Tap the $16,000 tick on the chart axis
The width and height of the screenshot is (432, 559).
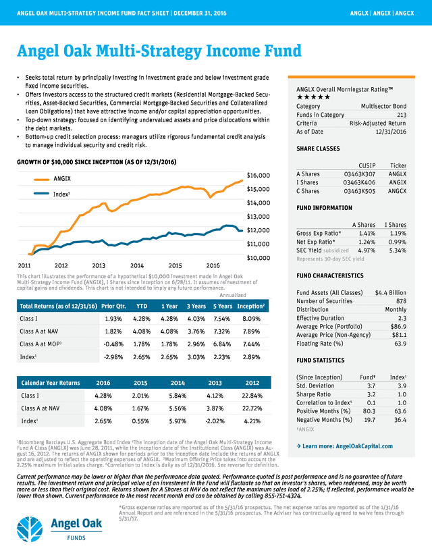pyautogui.click(x=259, y=175)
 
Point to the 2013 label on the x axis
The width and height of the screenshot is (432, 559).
pyautogui.click(x=99, y=265)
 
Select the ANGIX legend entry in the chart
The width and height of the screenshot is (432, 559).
pyautogui.click(x=63, y=179)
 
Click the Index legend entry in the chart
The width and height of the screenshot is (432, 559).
pyautogui.click(x=63, y=193)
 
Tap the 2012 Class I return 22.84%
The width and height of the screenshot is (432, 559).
pyautogui.click(x=254, y=396)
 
